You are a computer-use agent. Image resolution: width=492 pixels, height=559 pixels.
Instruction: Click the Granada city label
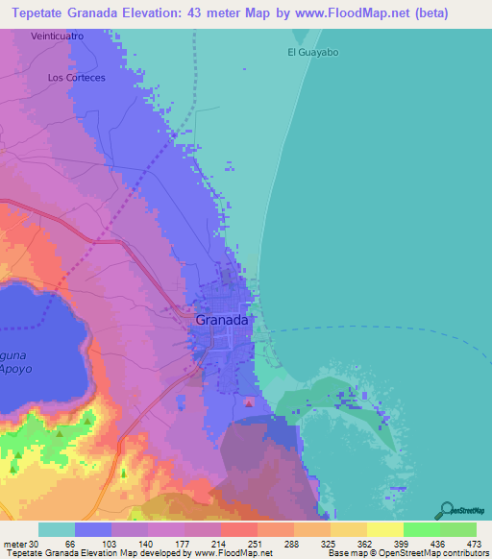pyautogui.click(x=223, y=321)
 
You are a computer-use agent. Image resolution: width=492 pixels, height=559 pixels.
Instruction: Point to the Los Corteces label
pyautogui.click(x=75, y=78)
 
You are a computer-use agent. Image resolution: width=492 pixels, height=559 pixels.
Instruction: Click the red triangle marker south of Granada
pyautogui.click(x=250, y=403)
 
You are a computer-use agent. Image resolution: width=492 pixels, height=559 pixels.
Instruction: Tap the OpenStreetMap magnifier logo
pyautogui.click(x=447, y=508)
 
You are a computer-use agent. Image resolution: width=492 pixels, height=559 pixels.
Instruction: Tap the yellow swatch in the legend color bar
pyautogui.click(x=384, y=530)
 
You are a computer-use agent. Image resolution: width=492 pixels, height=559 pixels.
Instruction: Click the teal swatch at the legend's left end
pyautogui.click(x=57, y=530)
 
